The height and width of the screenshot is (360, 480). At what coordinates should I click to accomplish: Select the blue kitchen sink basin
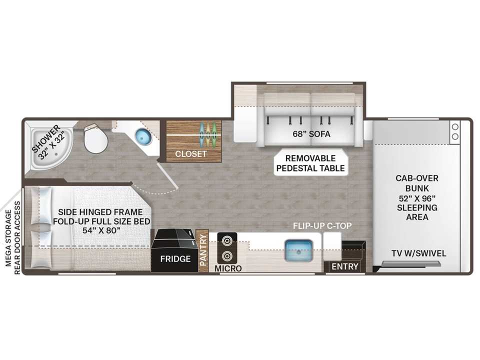[x=299, y=250]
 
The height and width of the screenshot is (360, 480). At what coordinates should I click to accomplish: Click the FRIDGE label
[x=175, y=259]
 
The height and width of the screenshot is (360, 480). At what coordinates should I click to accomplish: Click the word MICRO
[x=228, y=268]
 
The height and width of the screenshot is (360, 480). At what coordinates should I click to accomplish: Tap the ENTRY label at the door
[x=345, y=266]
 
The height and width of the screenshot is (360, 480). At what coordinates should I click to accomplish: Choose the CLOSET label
[x=190, y=153]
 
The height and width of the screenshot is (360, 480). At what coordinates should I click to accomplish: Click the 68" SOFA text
[x=311, y=134]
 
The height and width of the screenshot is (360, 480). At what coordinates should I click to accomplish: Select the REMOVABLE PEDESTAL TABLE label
[x=310, y=163]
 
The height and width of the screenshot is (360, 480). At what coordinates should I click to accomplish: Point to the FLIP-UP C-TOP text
[x=322, y=226]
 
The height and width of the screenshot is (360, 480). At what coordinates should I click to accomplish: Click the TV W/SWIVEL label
[x=419, y=253]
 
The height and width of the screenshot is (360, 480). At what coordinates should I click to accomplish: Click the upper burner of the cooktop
[x=227, y=240]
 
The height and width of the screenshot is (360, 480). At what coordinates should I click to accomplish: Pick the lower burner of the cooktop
[x=227, y=255]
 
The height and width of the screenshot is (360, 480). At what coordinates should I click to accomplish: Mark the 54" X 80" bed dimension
[x=100, y=230]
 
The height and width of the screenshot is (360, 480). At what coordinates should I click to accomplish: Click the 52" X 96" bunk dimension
[x=417, y=198]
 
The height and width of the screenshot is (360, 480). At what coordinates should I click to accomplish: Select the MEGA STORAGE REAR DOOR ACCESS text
[x=13, y=238]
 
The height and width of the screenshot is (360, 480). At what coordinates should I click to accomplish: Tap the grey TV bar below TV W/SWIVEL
[x=411, y=263]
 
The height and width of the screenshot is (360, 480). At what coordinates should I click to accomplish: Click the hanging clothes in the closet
[x=208, y=134]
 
